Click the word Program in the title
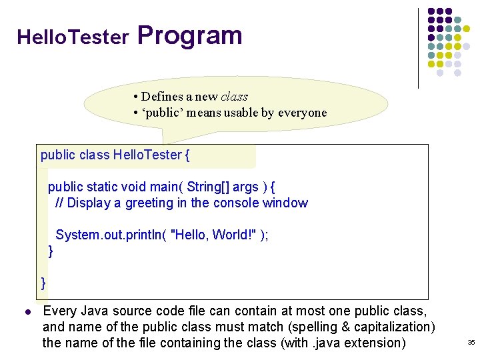pyautogui.click(x=190, y=36)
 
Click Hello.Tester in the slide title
pyautogui.click(x=73, y=37)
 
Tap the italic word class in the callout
pyautogui.click(x=234, y=97)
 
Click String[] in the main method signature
pyautogui.click(x=208, y=187)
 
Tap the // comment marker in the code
pyautogui.click(x=59, y=203)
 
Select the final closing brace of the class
pyautogui.click(x=44, y=283)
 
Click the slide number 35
pyautogui.click(x=471, y=343)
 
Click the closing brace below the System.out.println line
pyautogui.click(x=51, y=251)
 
